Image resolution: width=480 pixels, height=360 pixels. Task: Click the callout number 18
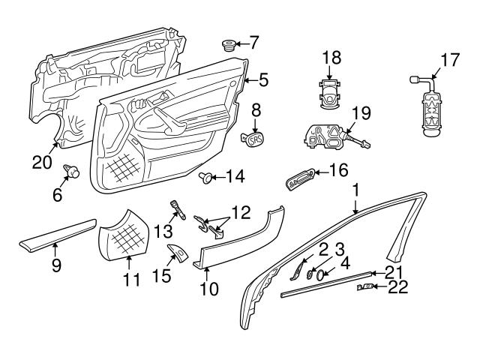[x=331, y=58]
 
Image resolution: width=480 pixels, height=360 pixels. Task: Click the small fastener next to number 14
[x=205, y=177]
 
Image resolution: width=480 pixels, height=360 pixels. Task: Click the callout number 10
[x=206, y=286]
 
